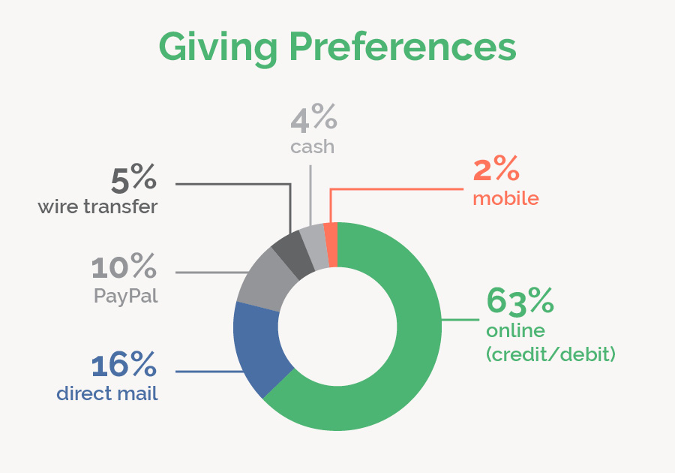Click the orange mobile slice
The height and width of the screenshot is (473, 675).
coord(331,233)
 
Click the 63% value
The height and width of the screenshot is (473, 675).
coord(520,300)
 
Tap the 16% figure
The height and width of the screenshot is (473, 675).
coord(124,365)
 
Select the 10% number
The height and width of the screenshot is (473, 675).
coord(124,267)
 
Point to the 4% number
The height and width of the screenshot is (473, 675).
coord(313,119)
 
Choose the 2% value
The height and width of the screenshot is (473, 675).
coord(496,170)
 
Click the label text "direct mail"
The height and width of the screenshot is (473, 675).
coord(107,393)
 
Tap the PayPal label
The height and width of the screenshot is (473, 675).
coord(126,295)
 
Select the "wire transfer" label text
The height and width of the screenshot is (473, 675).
coord(97,206)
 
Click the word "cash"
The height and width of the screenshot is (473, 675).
coord(312,146)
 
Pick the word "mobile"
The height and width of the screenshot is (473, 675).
coord(505,198)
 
